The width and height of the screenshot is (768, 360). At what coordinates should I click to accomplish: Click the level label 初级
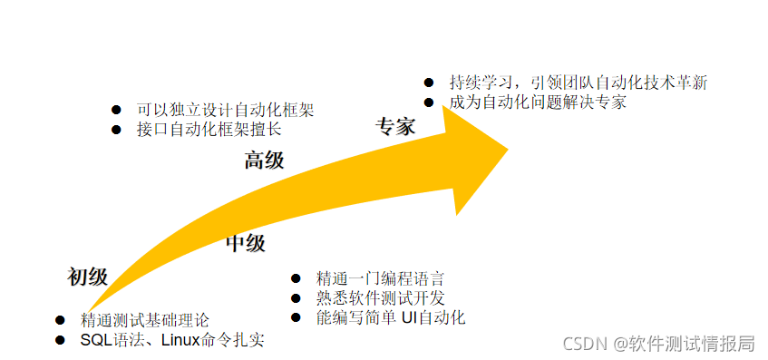[x=88, y=277]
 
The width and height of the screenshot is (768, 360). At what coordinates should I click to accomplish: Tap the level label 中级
[x=245, y=243]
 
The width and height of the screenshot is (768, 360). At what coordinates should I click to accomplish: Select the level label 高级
[x=264, y=161]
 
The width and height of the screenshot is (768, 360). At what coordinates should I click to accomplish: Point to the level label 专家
[x=395, y=126]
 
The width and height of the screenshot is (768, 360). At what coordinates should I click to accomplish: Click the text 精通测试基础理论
[x=144, y=320]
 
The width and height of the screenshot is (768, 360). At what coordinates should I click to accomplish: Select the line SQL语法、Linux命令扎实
[x=172, y=340]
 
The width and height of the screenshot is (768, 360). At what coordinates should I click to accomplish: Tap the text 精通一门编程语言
[x=380, y=278]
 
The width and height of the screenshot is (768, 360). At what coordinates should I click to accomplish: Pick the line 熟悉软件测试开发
[x=380, y=298]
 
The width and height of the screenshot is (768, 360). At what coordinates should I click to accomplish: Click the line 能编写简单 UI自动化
[x=390, y=317]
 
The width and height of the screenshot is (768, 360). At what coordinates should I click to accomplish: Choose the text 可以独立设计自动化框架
[x=225, y=110]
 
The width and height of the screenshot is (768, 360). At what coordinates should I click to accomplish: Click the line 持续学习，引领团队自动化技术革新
[x=578, y=83]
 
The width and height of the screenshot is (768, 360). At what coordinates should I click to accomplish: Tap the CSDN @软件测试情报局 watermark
[x=659, y=343]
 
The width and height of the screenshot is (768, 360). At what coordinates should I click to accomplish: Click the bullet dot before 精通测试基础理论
[x=60, y=320]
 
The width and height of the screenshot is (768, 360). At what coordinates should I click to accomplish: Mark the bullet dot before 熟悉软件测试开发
[x=296, y=298]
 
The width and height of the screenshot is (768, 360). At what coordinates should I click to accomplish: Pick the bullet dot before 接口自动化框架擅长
[x=116, y=129]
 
